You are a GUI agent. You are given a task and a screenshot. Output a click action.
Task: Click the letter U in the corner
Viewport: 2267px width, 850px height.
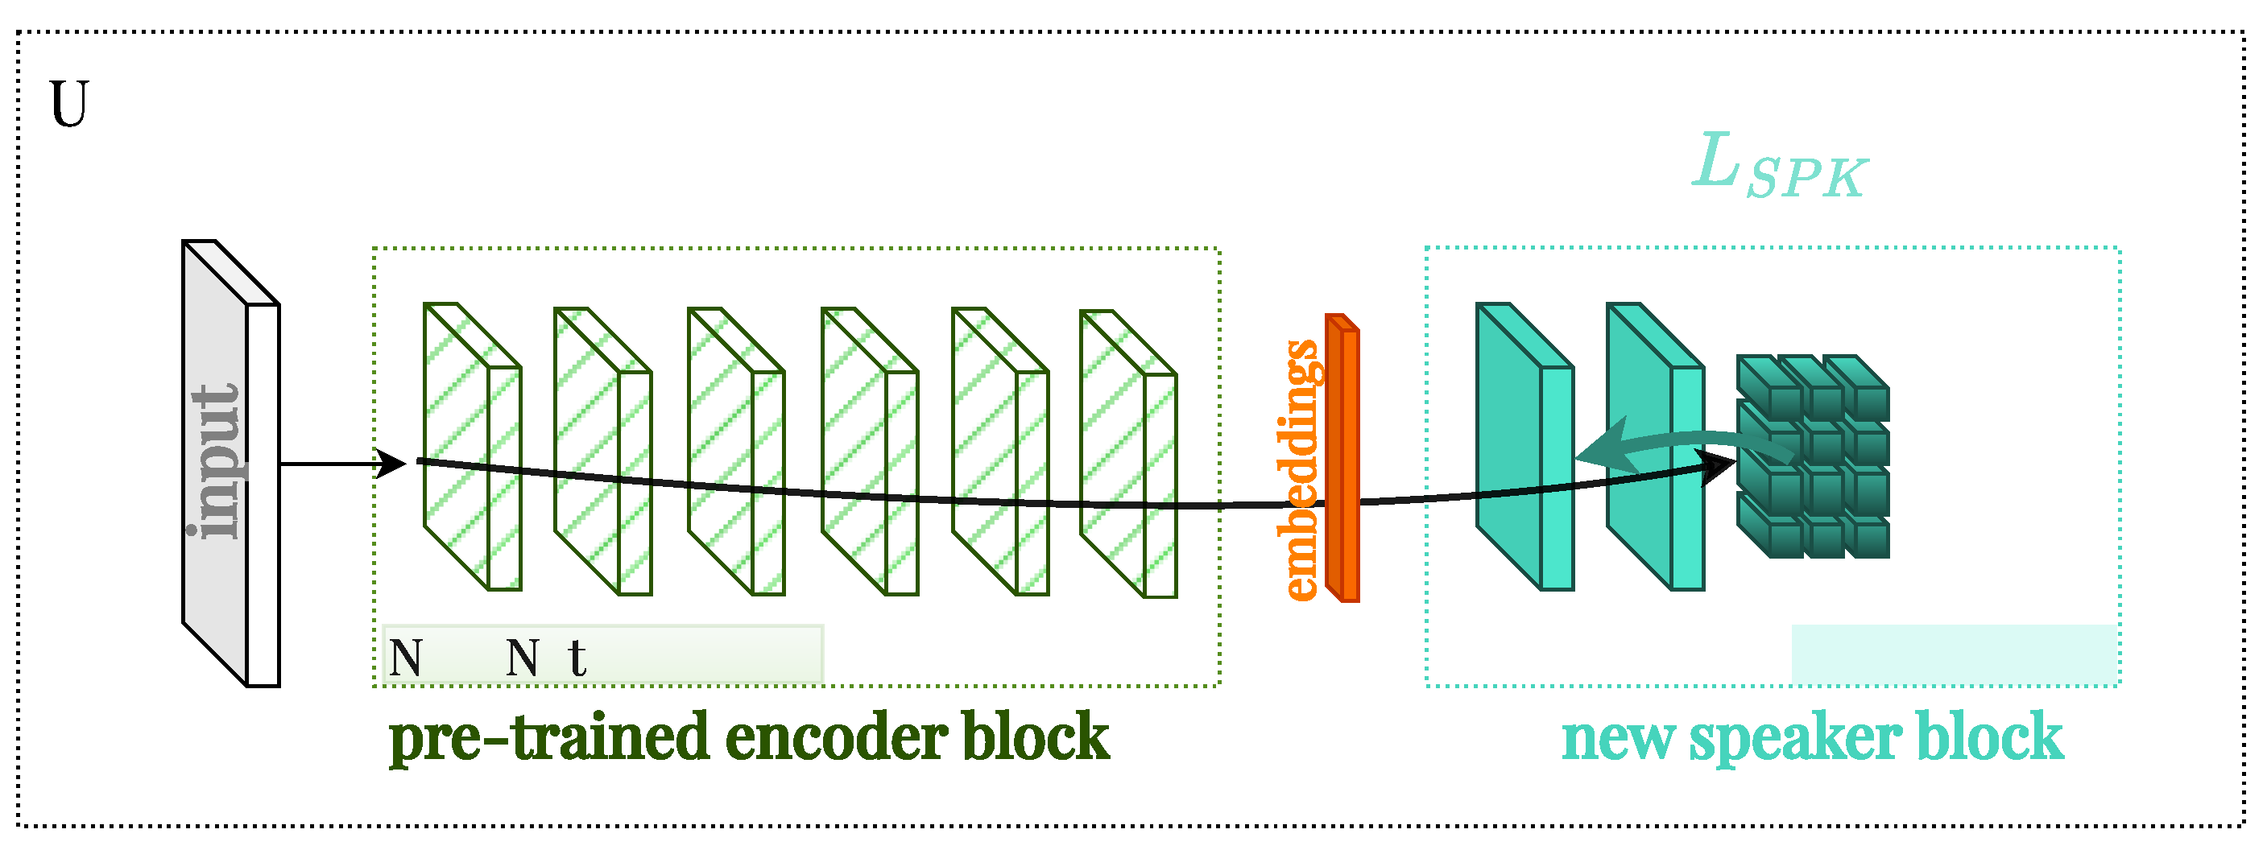(68, 104)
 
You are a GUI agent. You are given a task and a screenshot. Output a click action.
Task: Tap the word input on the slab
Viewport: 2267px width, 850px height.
(216, 462)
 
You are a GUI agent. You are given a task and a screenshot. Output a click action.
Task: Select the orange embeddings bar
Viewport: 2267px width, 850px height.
(1343, 457)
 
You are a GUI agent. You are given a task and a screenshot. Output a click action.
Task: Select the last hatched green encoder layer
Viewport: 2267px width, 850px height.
(1128, 453)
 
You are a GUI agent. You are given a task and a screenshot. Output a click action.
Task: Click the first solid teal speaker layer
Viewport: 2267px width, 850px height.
(1524, 446)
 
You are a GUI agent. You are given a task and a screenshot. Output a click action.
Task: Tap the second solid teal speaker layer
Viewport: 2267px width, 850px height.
(1654, 446)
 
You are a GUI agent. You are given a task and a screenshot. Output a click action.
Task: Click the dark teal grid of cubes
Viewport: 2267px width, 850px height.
(1813, 456)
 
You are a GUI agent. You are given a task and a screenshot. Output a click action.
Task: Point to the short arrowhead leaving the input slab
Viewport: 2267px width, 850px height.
(389, 463)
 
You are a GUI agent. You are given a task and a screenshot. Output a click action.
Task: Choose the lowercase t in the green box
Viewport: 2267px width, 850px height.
(577, 658)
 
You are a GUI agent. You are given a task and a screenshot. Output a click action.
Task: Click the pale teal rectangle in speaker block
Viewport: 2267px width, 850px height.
(1954, 654)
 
